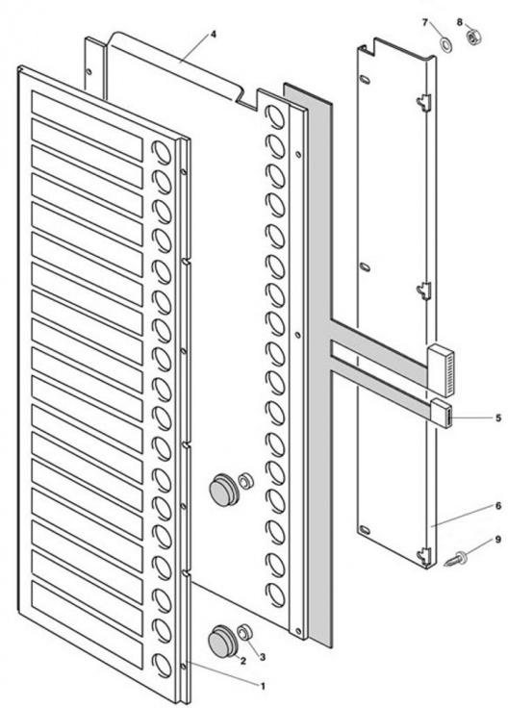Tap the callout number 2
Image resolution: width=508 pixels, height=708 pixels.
(243, 661)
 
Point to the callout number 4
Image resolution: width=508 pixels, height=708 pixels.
(214, 36)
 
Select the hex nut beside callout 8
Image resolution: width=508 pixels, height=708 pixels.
(473, 39)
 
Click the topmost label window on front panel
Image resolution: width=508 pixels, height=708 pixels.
(87, 103)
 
